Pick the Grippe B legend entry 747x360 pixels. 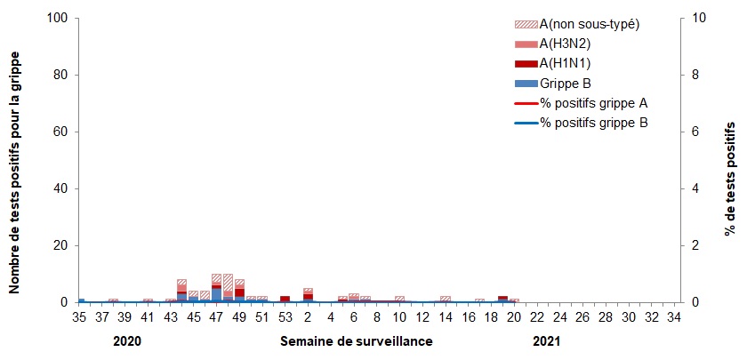565,83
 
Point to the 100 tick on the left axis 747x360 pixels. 58,18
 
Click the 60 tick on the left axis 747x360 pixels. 61,132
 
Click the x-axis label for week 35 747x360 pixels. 80,317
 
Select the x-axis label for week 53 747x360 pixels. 285,317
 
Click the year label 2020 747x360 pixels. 126,341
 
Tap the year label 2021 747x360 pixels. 547,341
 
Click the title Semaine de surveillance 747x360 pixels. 357,341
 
